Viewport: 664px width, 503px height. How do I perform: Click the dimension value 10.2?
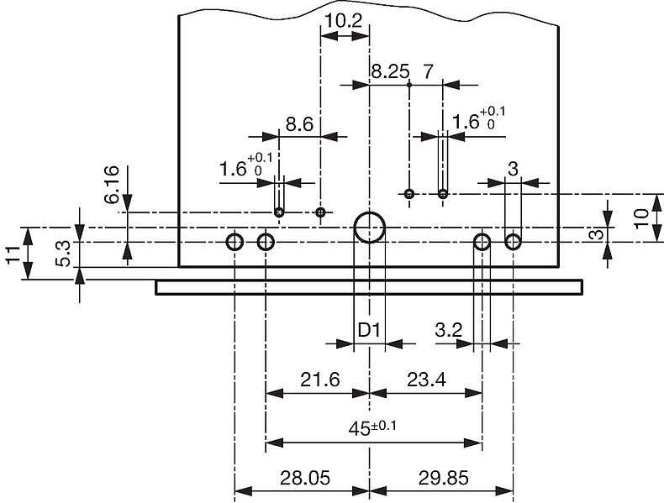(344, 20)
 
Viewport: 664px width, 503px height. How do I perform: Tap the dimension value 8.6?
(299, 124)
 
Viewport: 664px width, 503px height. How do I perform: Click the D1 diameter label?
(370, 331)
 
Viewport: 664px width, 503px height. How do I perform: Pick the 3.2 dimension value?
(449, 331)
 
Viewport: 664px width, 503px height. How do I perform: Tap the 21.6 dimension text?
(319, 380)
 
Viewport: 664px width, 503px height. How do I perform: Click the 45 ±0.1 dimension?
(372, 428)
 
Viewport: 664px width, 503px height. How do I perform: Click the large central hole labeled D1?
(370, 228)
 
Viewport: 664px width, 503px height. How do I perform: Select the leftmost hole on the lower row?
(235, 243)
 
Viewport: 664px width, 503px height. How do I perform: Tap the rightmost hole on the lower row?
(513, 243)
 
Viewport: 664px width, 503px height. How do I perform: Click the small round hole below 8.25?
(409, 195)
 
